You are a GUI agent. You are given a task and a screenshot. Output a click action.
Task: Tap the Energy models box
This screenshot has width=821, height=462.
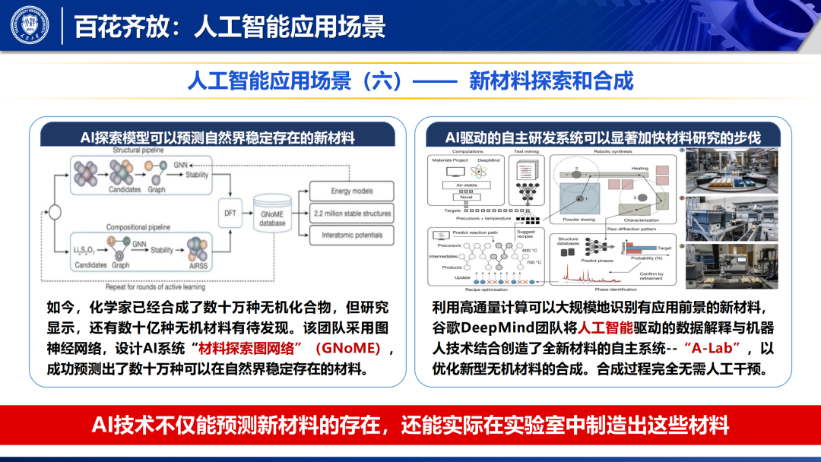point(351,191)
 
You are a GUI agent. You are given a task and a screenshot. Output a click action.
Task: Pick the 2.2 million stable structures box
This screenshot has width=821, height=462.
point(351,214)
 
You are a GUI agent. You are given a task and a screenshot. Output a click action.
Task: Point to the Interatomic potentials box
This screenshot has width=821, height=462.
point(351,236)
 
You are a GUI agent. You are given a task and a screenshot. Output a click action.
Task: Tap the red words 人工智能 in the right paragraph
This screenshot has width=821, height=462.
point(606,328)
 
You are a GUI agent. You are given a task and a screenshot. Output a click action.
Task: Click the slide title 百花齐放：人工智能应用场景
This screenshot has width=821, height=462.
point(229,26)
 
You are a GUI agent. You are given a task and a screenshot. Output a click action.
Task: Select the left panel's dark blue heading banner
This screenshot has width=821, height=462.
point(217,137)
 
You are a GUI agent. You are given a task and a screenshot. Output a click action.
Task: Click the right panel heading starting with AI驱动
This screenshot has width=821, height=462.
point(603,137)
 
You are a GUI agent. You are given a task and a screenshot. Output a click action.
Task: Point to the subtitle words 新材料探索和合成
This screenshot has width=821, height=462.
point(551,81)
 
